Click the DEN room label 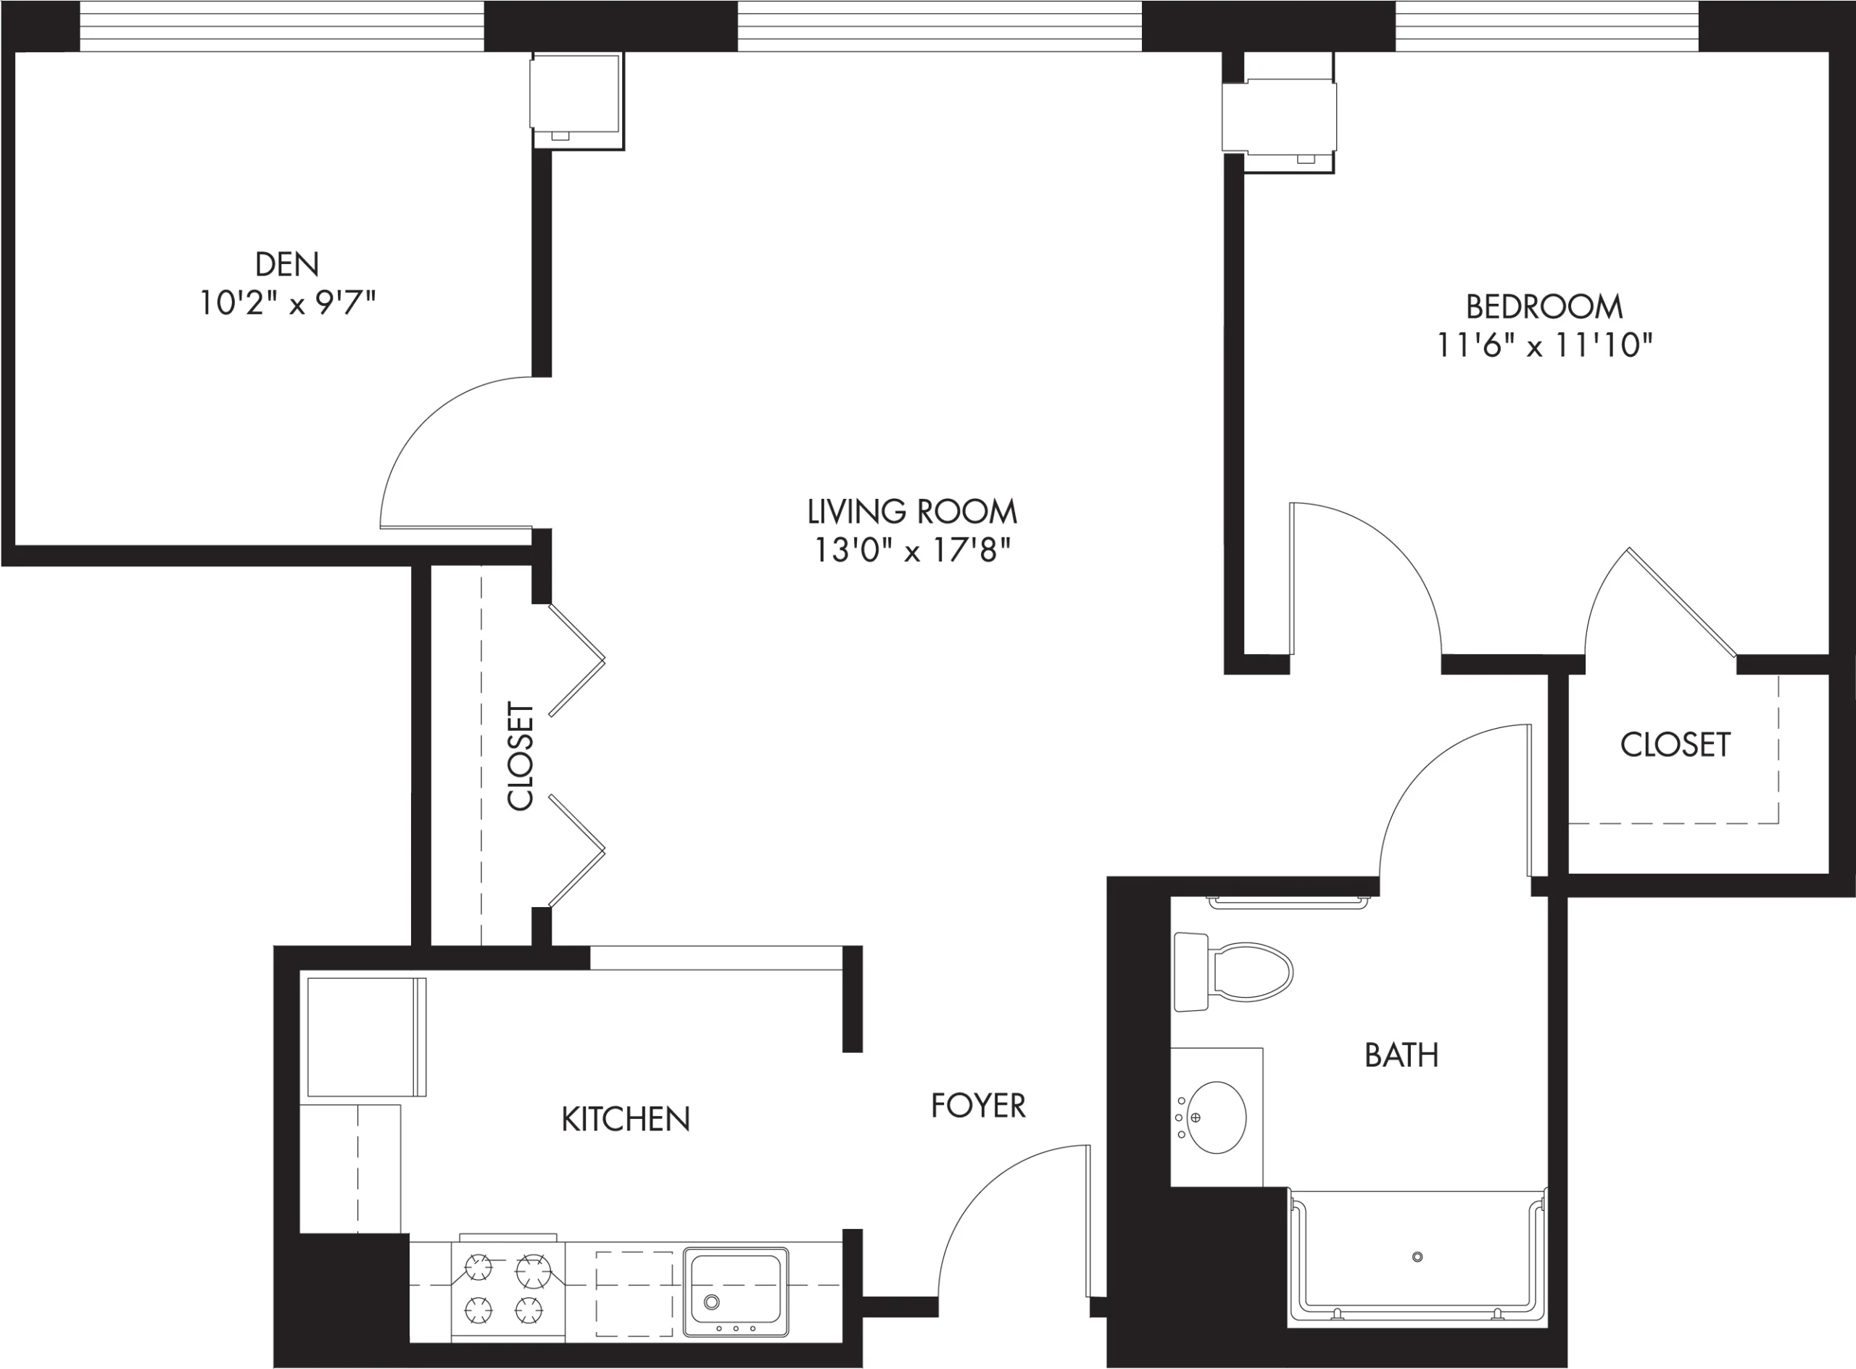coord(286,265)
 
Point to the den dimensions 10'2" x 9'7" coord(286,303)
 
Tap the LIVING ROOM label coord(912,511)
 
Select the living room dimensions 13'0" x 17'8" coord(912,550)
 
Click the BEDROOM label coord(1544,307)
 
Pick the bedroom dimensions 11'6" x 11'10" coord(1544,346)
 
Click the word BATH coord(1401,1055)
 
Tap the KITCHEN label coord(626,1119)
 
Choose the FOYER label coord(978,1106)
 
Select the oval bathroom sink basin coord(1217,1117)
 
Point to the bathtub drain coord(1417,1257)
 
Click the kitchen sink coord(736,1292)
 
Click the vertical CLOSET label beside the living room coord(520,756)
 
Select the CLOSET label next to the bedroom coord(1675,744)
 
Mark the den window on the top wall coord(282,25)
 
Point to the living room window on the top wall coord(940,25)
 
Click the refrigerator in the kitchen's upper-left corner coord(366,1037)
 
